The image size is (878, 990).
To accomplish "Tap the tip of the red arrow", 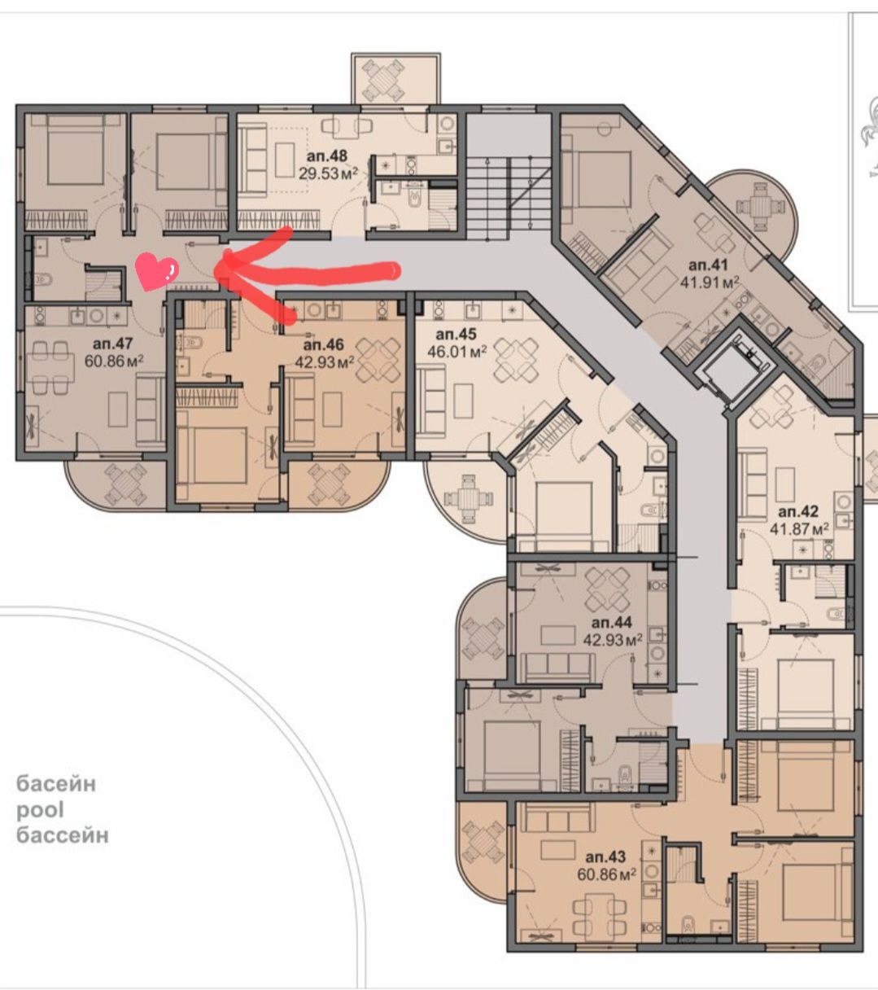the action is [215, 269].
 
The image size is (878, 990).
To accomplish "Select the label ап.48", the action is [326, 156].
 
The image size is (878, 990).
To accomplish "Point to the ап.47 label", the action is [113, 344].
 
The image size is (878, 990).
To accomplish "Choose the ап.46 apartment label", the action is [323, 345].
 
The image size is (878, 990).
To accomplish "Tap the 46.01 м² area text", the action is [457, 352].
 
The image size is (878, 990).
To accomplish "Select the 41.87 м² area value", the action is [799, 528].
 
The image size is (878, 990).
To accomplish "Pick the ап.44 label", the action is [612, 623].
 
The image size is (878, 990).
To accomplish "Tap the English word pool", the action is [40, 810].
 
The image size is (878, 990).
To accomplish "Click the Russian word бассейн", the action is [63, 835].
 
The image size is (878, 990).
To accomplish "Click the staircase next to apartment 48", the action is [509, 195].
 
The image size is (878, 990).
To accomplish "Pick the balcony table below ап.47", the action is [126, 484].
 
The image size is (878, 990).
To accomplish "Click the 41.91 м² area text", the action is [709, 283].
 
